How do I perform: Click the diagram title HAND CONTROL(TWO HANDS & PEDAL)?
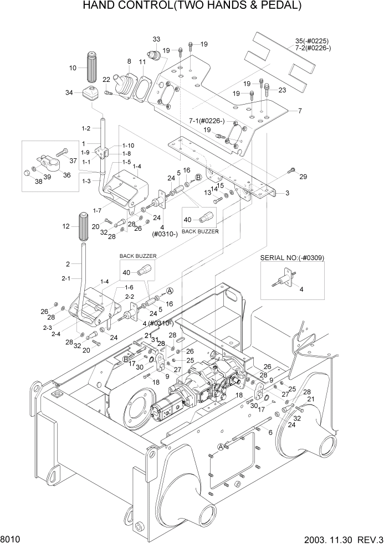point(192,7)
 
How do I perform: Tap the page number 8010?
point(12,538)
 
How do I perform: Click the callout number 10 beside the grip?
point(73,68)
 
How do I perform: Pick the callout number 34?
point(69,92)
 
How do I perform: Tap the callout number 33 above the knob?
point(156,40)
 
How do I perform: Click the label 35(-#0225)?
point(311,41)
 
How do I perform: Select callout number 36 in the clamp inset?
point(66,175)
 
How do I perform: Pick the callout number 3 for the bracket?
point(287,193)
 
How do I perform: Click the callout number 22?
point(106,80)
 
